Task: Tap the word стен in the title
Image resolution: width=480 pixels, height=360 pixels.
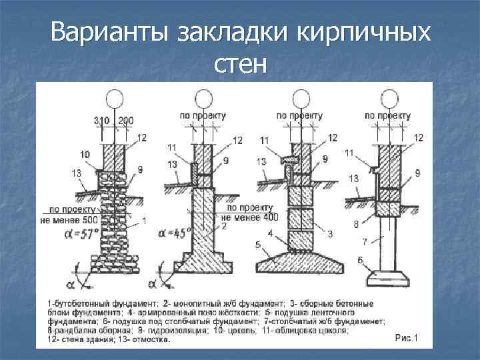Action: [x=241, y=65]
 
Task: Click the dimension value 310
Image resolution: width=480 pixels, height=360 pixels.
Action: [x=102, y=121]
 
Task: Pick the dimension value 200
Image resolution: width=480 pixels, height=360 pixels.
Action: [x=125, y=121]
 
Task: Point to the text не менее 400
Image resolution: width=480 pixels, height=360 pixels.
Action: [x=249, y=217]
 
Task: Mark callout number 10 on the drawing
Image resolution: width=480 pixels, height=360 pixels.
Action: [x=84, y=154]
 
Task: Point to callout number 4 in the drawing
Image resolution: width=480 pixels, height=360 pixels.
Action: [x=270, y=233]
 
